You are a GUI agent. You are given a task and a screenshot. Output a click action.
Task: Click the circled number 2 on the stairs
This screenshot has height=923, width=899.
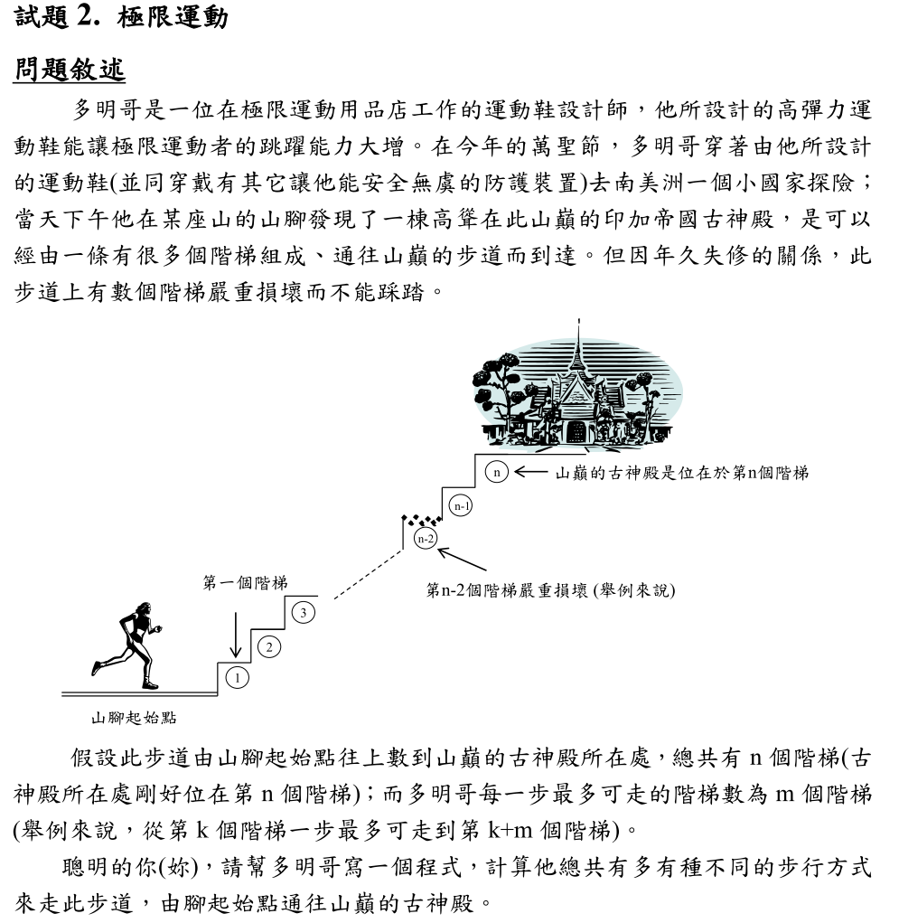tap(269, 645)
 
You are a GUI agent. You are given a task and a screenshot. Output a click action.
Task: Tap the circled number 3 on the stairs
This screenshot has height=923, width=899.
tap(304, 614)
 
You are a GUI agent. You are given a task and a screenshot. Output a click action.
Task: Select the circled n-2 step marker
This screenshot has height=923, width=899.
tap(426, 539)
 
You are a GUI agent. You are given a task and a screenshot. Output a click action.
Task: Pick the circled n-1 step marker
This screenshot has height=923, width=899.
tap(462, 506)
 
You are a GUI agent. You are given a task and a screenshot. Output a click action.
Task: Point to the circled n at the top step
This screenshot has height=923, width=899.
tap(496, 471)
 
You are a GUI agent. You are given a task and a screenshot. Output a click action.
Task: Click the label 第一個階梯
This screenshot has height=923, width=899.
tap(245, 585)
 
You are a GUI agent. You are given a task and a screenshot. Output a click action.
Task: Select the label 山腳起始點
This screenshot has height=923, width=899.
tap(133, 719)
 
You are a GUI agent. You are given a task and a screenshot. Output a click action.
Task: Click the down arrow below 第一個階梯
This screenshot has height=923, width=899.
tap(235, 631)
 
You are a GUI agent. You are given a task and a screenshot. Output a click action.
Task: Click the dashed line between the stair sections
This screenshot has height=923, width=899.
tap(369, 570)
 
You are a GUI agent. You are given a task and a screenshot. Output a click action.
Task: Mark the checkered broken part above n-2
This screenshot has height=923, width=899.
tap(421, 519)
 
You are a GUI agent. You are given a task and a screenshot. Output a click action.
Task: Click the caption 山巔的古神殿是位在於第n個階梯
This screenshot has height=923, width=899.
tap(681, 472)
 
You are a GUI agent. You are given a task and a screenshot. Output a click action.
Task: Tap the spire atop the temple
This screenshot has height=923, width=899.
tap(576, 334)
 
